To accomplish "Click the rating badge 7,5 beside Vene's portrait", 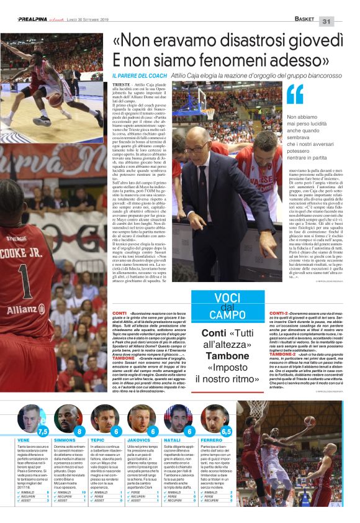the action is [43, 430].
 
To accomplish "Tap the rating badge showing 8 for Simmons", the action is [79, 430].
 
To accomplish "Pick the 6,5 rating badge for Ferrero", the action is [225, 430].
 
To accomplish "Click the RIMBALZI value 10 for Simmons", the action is [84, 492].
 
